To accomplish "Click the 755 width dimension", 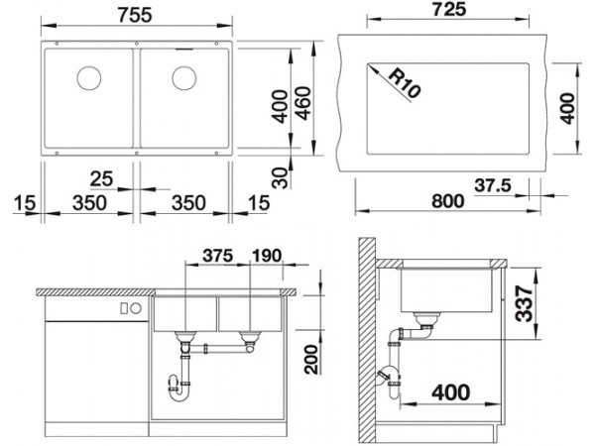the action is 135,15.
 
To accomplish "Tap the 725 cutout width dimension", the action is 449,9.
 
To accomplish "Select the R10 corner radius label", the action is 404,83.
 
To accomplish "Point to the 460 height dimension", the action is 303,103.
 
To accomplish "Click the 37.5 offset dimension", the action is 493,185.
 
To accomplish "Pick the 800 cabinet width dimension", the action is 448,200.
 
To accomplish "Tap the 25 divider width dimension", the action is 102,178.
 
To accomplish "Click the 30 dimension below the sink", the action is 281,177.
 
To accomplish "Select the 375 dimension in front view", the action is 218,256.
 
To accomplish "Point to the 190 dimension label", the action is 267,256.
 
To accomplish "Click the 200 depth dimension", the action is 311,359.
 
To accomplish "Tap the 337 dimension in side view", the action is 525,303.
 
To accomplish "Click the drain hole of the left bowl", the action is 89,78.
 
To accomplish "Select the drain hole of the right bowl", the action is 184,78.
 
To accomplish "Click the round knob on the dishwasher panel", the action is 136,308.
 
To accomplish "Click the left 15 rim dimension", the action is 25,203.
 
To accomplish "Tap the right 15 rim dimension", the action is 259,203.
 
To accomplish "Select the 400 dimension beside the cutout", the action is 568,108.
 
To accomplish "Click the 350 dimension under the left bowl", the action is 89,203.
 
